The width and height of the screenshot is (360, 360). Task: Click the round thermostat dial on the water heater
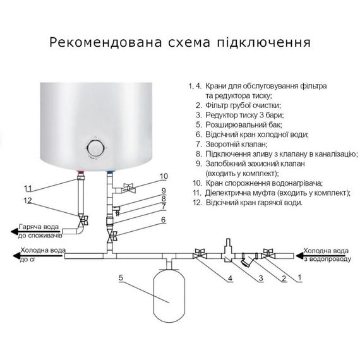point(95,148)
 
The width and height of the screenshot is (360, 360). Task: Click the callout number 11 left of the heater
point(27,188)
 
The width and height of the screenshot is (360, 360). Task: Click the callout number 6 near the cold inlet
point(164,219)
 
